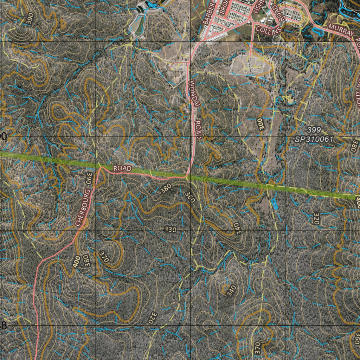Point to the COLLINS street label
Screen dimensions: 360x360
click(269, 30)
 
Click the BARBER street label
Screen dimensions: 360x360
click(208, 12)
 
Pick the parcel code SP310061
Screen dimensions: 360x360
click(314, 140)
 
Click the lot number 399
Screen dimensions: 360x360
click(314, 129)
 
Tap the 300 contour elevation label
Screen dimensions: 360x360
click(261, 124)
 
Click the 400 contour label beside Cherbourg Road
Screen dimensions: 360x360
click(77, 262)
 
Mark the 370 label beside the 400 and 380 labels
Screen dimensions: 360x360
click(104, 257)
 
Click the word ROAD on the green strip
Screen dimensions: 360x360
click(122, 169)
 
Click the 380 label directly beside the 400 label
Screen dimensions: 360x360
click(85, 261)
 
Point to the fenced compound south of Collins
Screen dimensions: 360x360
click(251, 65)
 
